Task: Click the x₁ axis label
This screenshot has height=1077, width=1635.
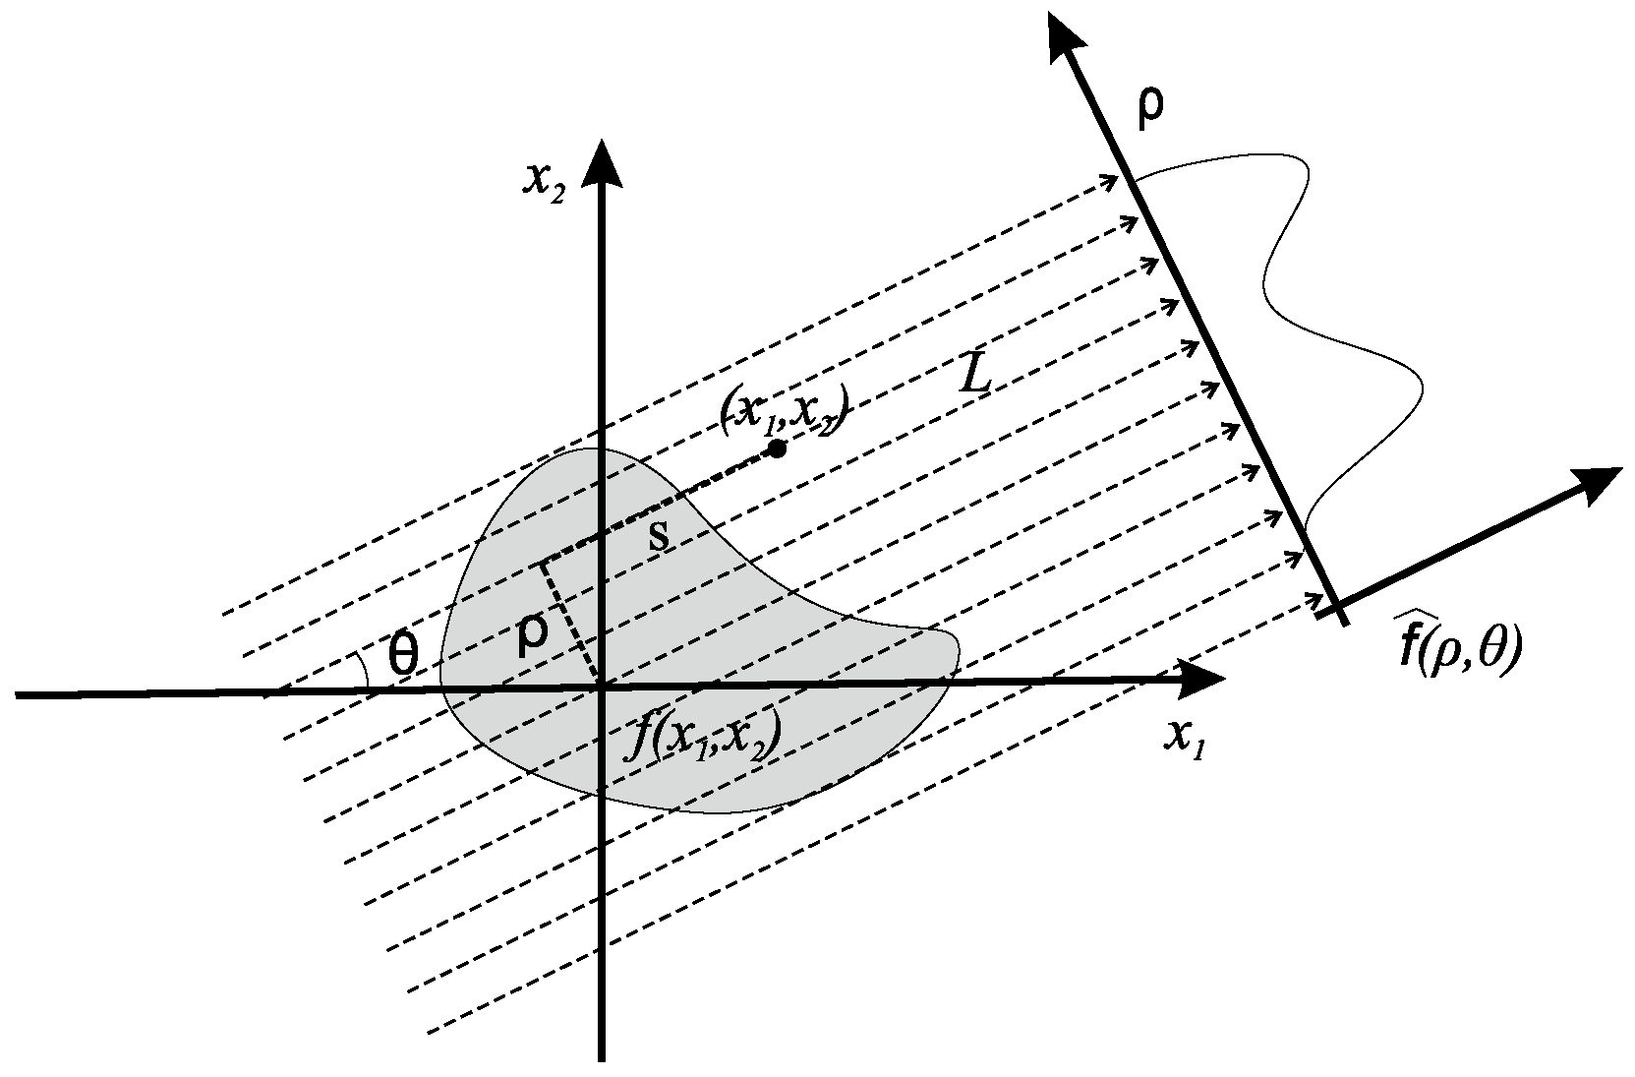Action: (1184, 737)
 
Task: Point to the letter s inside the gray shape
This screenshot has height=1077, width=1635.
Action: (662, 536)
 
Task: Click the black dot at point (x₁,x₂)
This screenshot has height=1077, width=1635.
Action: (777, 449)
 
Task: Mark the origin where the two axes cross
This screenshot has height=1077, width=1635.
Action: (599, 686)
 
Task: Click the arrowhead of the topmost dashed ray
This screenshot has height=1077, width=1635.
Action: (1111, 180)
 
